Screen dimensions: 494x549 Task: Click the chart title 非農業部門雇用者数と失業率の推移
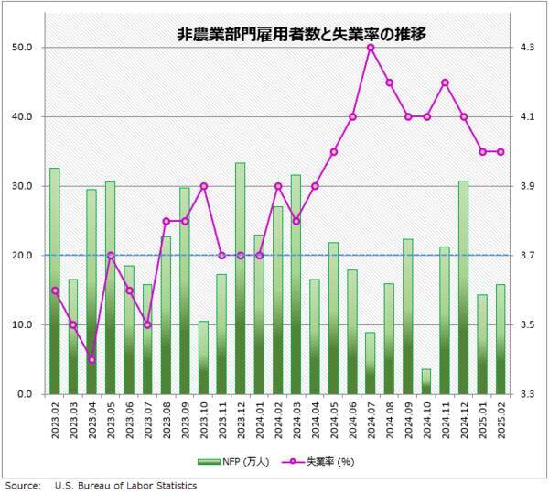302,35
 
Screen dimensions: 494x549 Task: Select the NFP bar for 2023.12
240,279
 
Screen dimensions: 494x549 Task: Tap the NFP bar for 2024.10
426,382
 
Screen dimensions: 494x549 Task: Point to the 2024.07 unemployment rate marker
371,48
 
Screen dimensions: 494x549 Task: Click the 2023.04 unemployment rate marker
91,359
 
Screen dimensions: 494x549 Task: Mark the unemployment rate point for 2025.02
501,152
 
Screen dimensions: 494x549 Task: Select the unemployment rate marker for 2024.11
445,82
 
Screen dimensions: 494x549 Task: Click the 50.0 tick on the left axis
23,48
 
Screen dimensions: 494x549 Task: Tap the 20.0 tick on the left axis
23,256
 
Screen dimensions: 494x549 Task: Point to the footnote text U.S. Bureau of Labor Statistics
125,485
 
